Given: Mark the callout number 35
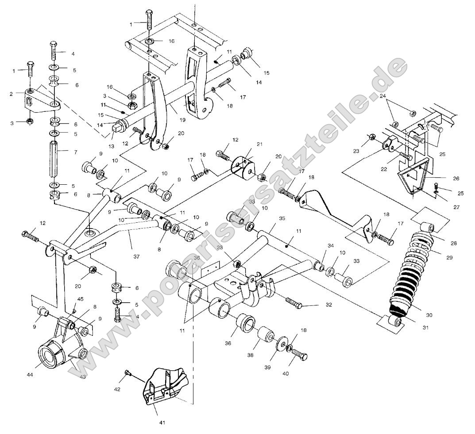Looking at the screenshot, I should click(x=282, y=218).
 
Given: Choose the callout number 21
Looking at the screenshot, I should click(x=259, y=145).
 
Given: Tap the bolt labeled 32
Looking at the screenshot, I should click(x=293, y=303).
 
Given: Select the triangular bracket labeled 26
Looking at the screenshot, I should click(x=411, y=177).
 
